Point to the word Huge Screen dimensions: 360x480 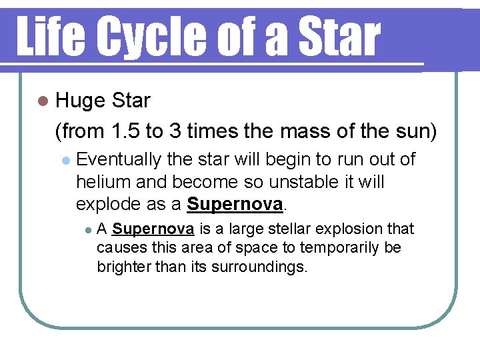[80, 101]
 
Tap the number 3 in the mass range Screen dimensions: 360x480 [176, 131]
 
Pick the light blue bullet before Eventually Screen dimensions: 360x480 [65, 161]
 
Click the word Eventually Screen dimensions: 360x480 [119, 160]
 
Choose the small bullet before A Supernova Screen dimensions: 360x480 [88, 230]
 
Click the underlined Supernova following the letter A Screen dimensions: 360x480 [153, 229]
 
